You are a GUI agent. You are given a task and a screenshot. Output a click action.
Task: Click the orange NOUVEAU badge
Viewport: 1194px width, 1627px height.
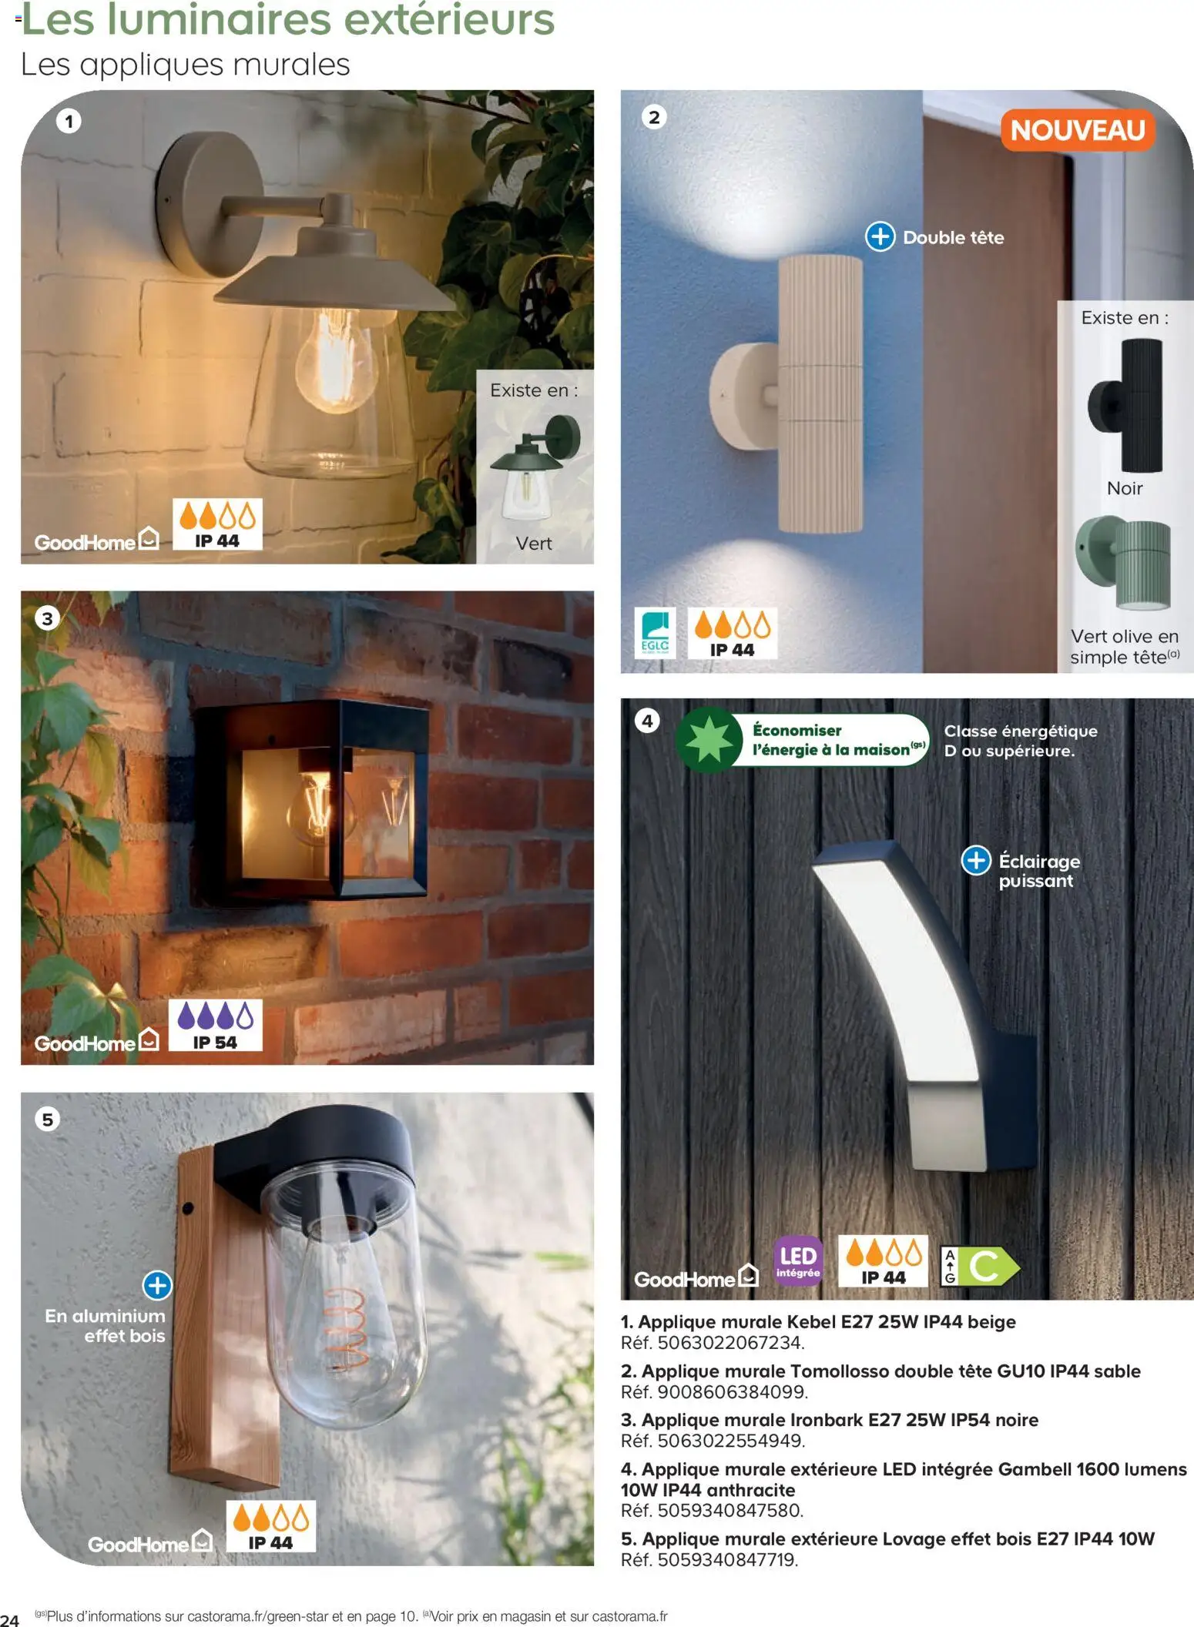[x=1077, y=130]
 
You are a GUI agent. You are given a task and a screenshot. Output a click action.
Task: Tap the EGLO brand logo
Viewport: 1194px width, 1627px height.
[x=654, y=633]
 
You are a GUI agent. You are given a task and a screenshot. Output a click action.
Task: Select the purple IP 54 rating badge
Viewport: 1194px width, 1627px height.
[x=215, y=1025]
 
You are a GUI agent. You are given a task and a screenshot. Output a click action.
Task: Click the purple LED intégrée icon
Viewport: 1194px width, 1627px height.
[x=797, y=1261]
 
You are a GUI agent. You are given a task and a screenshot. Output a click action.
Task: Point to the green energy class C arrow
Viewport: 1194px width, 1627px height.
[x=990, y=1266]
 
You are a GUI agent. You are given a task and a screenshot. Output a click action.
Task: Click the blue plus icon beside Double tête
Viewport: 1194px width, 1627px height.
[x=880, y=236]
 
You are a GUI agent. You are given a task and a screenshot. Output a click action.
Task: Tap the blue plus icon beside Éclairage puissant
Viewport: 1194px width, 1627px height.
[x=975, y=860]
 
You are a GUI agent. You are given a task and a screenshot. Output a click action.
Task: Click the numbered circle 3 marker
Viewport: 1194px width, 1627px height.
[x=48, y=618]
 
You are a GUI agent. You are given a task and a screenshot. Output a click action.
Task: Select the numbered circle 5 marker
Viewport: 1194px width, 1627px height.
[x=48, y=1119]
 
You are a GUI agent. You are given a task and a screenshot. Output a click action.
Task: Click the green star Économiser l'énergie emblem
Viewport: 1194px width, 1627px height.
[x=709, y=739]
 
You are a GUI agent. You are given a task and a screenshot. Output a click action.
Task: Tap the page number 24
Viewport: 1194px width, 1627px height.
[x=10, y=1620]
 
